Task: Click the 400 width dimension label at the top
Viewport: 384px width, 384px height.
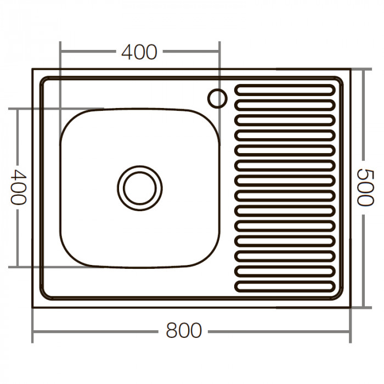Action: pos(139,52)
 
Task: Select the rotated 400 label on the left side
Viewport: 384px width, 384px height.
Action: pos(19,187)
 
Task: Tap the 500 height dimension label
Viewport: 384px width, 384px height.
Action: pos(365,187)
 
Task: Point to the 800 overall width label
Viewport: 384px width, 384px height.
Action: pos(183,331)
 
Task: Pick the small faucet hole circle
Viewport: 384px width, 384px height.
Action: pos(217,98)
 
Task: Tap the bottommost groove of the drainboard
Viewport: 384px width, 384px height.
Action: pos(285,286)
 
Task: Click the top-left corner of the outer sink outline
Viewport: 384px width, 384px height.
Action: pos(33,70)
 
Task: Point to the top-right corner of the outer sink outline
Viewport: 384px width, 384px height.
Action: pos(349,70)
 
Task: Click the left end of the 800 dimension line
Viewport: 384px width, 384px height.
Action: pos(33,331)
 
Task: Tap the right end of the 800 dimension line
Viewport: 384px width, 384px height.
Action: pos(349,331)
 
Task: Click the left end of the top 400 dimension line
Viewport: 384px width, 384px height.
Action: pos(60,52)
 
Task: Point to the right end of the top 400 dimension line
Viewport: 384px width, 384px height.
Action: pos(219,52)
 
